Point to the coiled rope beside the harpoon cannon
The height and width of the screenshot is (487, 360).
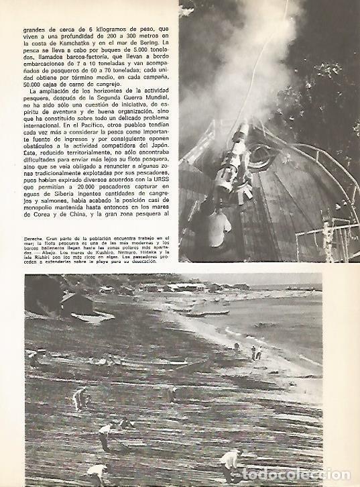pos(263,158)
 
